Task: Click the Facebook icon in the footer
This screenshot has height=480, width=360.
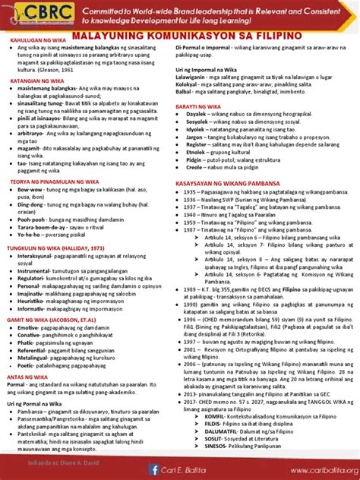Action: pyautogui.click(x=154, y=469)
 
